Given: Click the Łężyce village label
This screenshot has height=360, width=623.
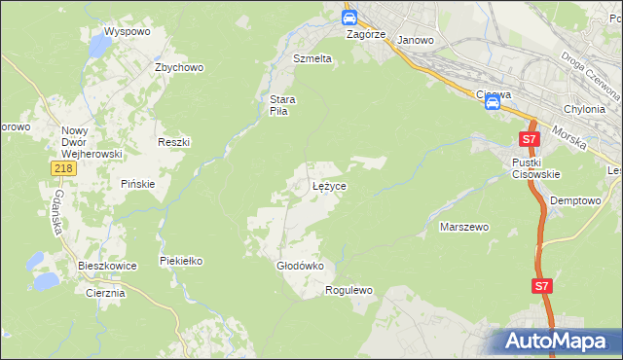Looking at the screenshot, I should pyautogui.click(x=329, y=185).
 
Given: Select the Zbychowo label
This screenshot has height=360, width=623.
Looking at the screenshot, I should pyautogui.click(x=178, y=67).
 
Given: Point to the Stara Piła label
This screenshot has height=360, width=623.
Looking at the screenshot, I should pyautogui.click(x=282, y=105).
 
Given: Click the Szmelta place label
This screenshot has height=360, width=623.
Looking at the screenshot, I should pyautogui.click(x=312, y=58).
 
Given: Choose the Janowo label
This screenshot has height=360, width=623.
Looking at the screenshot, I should pyautogui.click(x=416, y=40).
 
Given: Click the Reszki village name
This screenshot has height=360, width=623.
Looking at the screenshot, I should pyautogui.click(x=173, y=142).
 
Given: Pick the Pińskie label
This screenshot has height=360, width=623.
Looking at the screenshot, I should pyautogui.click(x=137, y=184).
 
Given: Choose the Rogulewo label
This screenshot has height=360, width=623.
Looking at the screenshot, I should pyautogui.click(x=349, y=290).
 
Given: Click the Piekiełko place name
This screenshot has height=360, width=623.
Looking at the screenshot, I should pyautogui.click(x=181, y=261).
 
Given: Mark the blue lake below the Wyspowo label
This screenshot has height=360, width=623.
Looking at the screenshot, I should pyautogui.click(x=100, y=46).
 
